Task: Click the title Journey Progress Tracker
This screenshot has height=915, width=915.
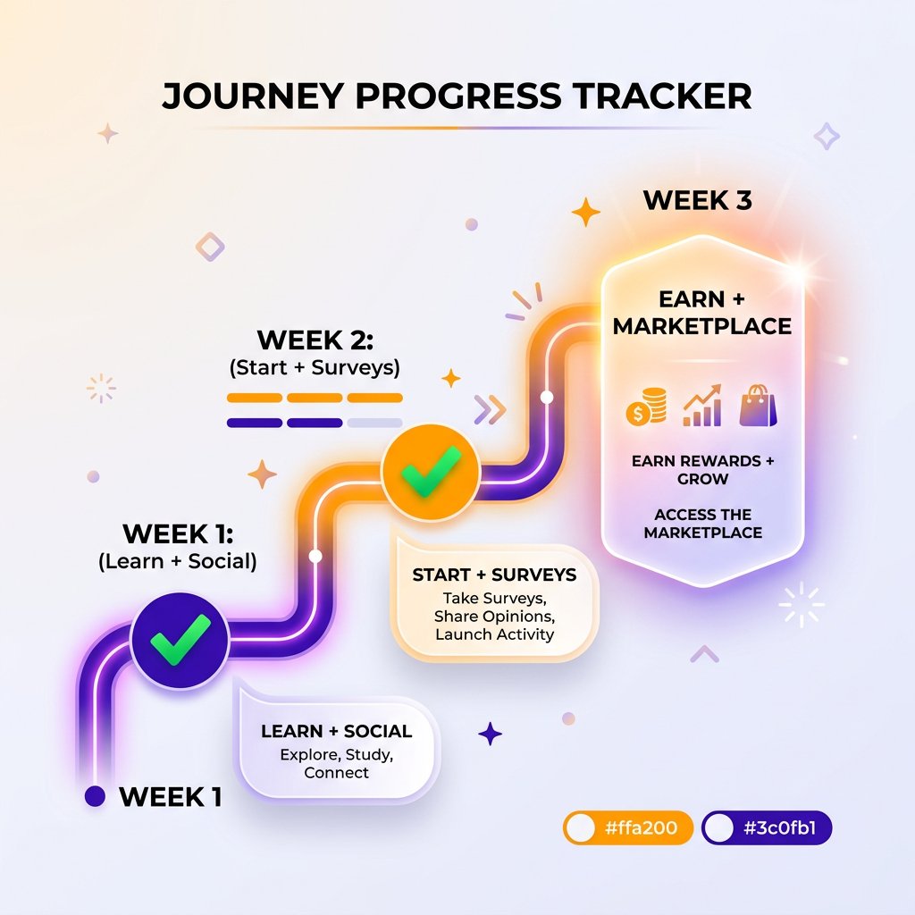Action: [x=457, y=97]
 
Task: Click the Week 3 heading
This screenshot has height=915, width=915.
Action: [x=697, y=200]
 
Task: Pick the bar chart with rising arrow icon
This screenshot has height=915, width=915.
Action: [x=702, y=407]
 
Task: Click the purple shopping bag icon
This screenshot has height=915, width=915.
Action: [x=759, y=407]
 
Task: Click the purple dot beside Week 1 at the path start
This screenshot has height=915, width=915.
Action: [x=94, y=796]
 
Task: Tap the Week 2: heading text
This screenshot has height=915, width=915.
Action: [x=315, y=340]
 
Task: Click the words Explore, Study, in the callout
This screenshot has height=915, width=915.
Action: [x=336, y=754]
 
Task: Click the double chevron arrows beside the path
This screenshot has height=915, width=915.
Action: [x=491, y=410]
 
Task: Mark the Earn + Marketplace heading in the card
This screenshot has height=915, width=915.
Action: [x=702, y=312]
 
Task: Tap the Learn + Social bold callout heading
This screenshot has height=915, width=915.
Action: [x=336, y=731]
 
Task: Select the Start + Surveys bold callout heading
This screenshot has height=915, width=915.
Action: [x=494, y=575]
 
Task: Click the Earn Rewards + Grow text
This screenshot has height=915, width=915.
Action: [x=702, y=469]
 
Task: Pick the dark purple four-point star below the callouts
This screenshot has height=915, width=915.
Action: [x=490, y=734]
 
